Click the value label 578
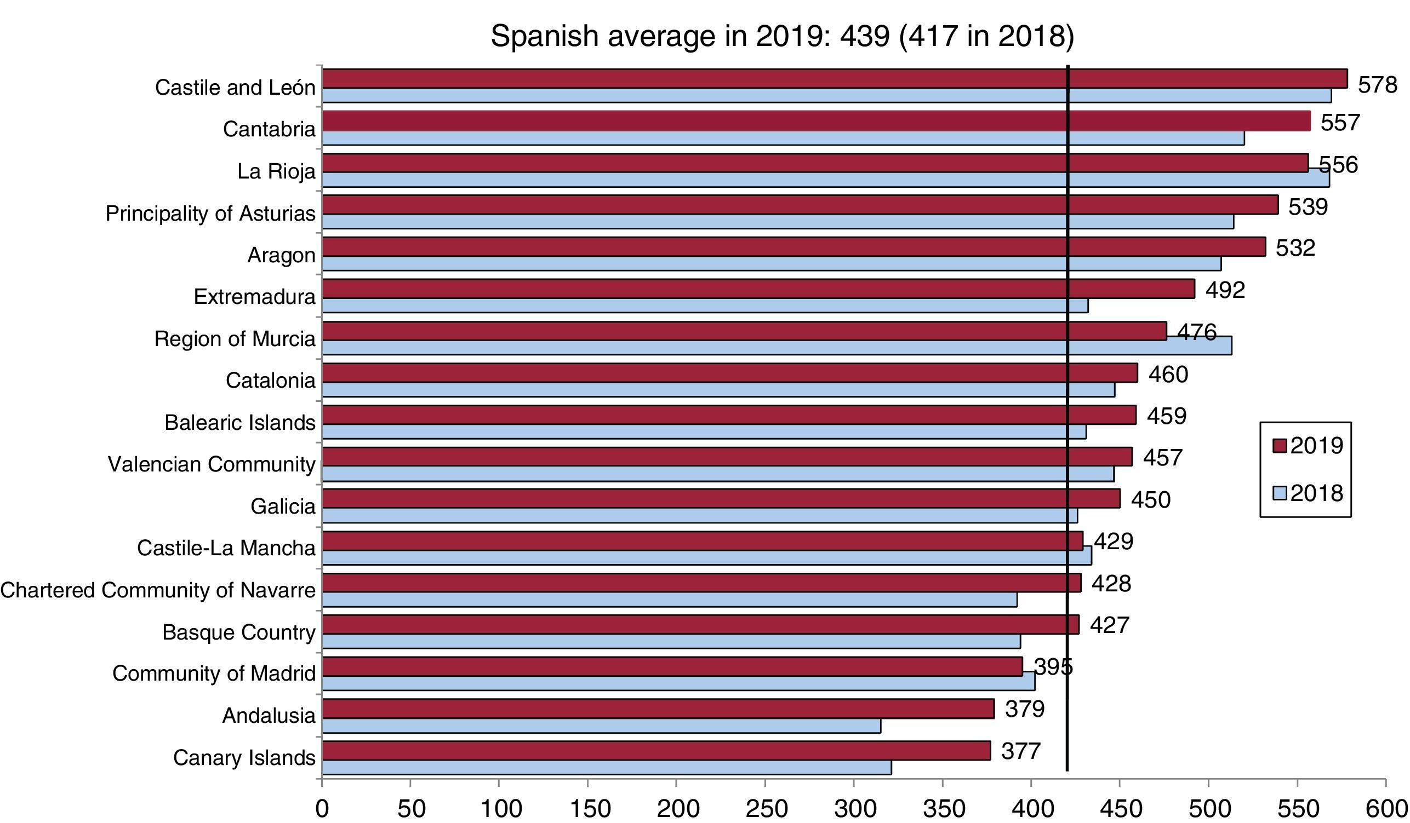click(1378, 85)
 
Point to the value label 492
click(1225, 290)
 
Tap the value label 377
click(1021, 751)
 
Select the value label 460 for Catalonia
click(1168, 374)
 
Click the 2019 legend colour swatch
click(1280, 446)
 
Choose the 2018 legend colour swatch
click(1280, 494)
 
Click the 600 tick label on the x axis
click(1385, 809)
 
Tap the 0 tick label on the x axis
click(322, 809)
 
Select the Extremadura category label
click(255, 296)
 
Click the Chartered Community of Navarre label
click(158, 590)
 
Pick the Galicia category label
click(283, 506)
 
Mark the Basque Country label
click(239, 632)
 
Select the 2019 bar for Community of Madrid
click(671, 666)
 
